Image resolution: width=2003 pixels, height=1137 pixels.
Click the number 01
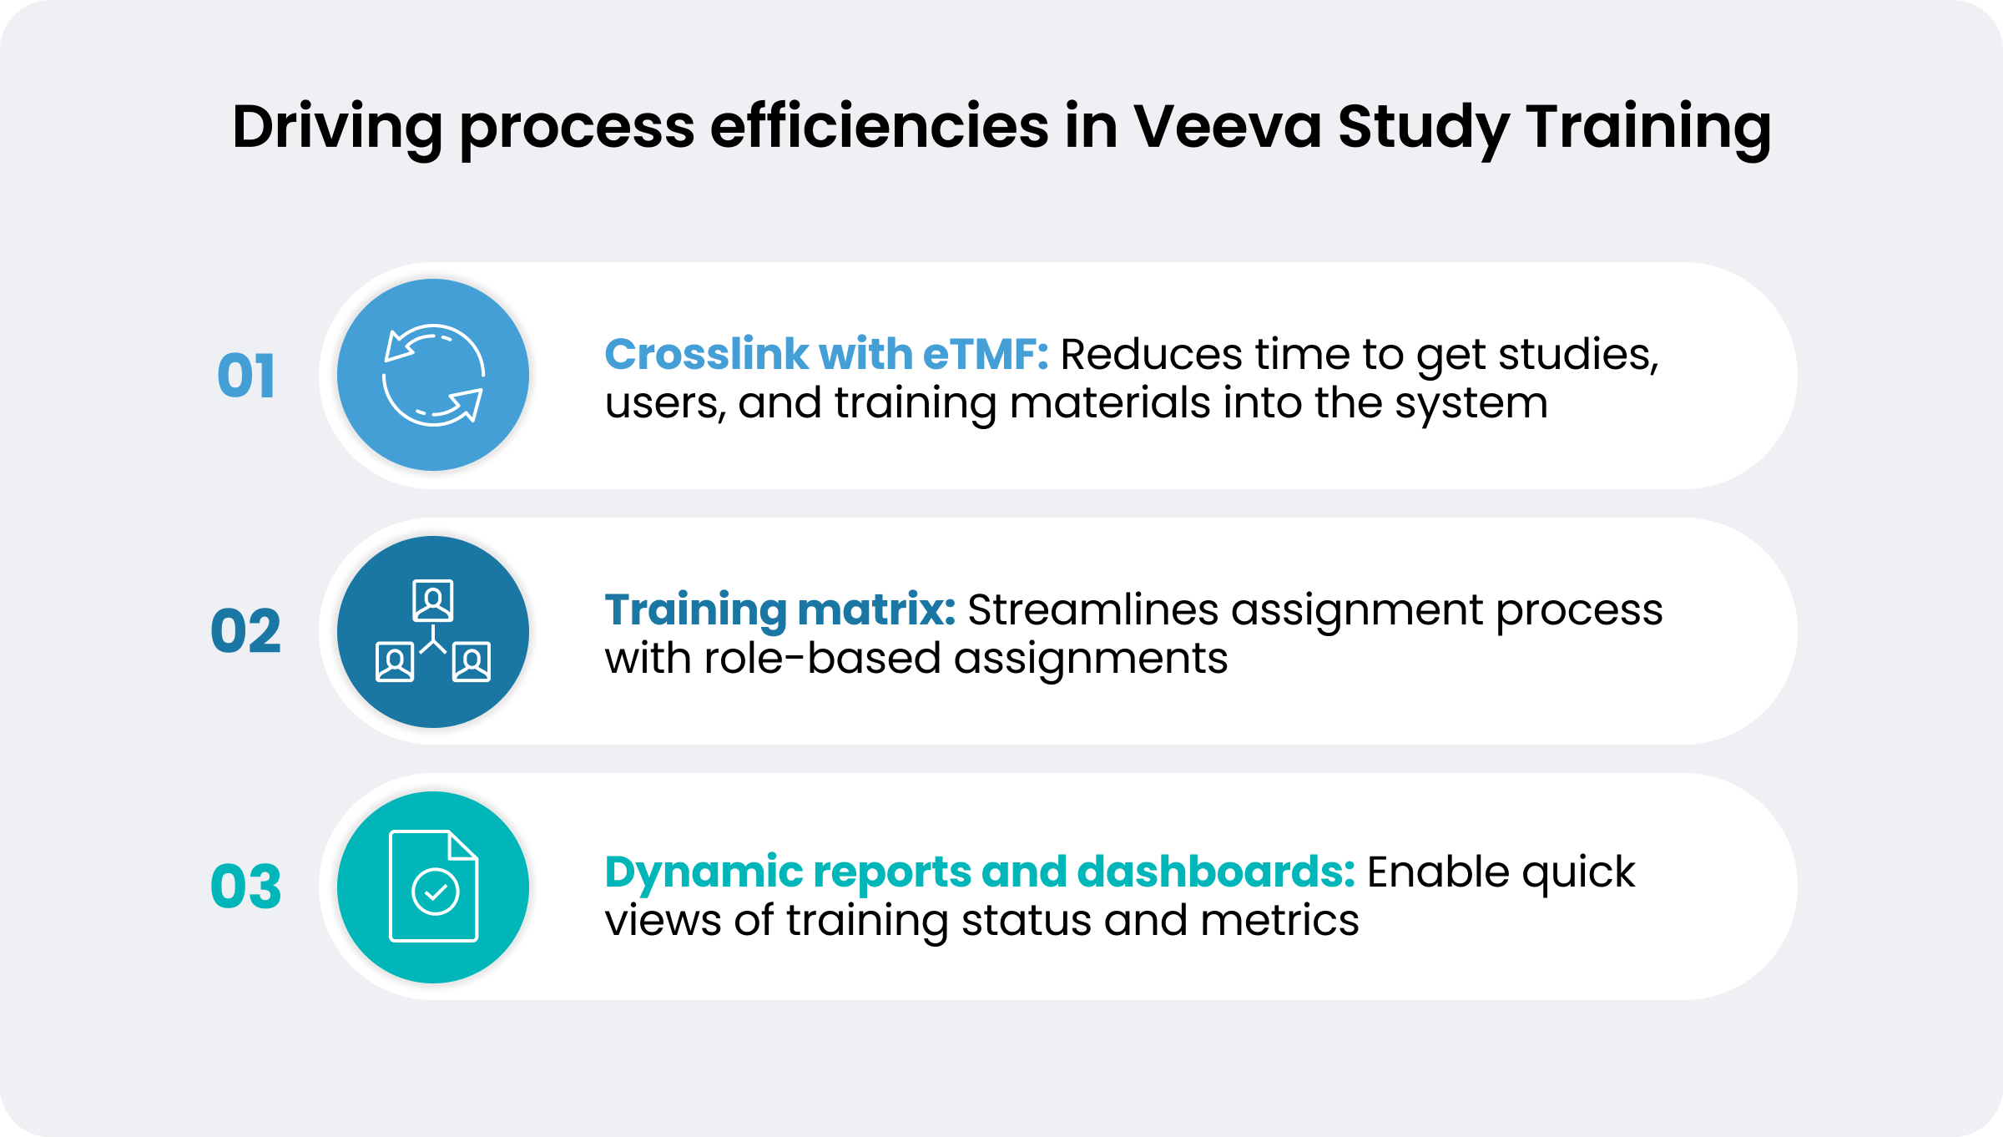click(245, 376)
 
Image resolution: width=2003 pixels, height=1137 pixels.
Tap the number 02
click(245, 631)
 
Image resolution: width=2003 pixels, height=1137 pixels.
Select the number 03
click(245, 887)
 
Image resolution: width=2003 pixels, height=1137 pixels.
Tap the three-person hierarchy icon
click(433, 631)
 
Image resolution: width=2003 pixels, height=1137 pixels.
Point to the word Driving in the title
click(337, 127)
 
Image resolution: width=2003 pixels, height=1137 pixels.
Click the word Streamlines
click(1093, 609)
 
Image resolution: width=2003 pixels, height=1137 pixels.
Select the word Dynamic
click(704, 872)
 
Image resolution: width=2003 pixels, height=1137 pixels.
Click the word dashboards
click(1216, 872)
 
